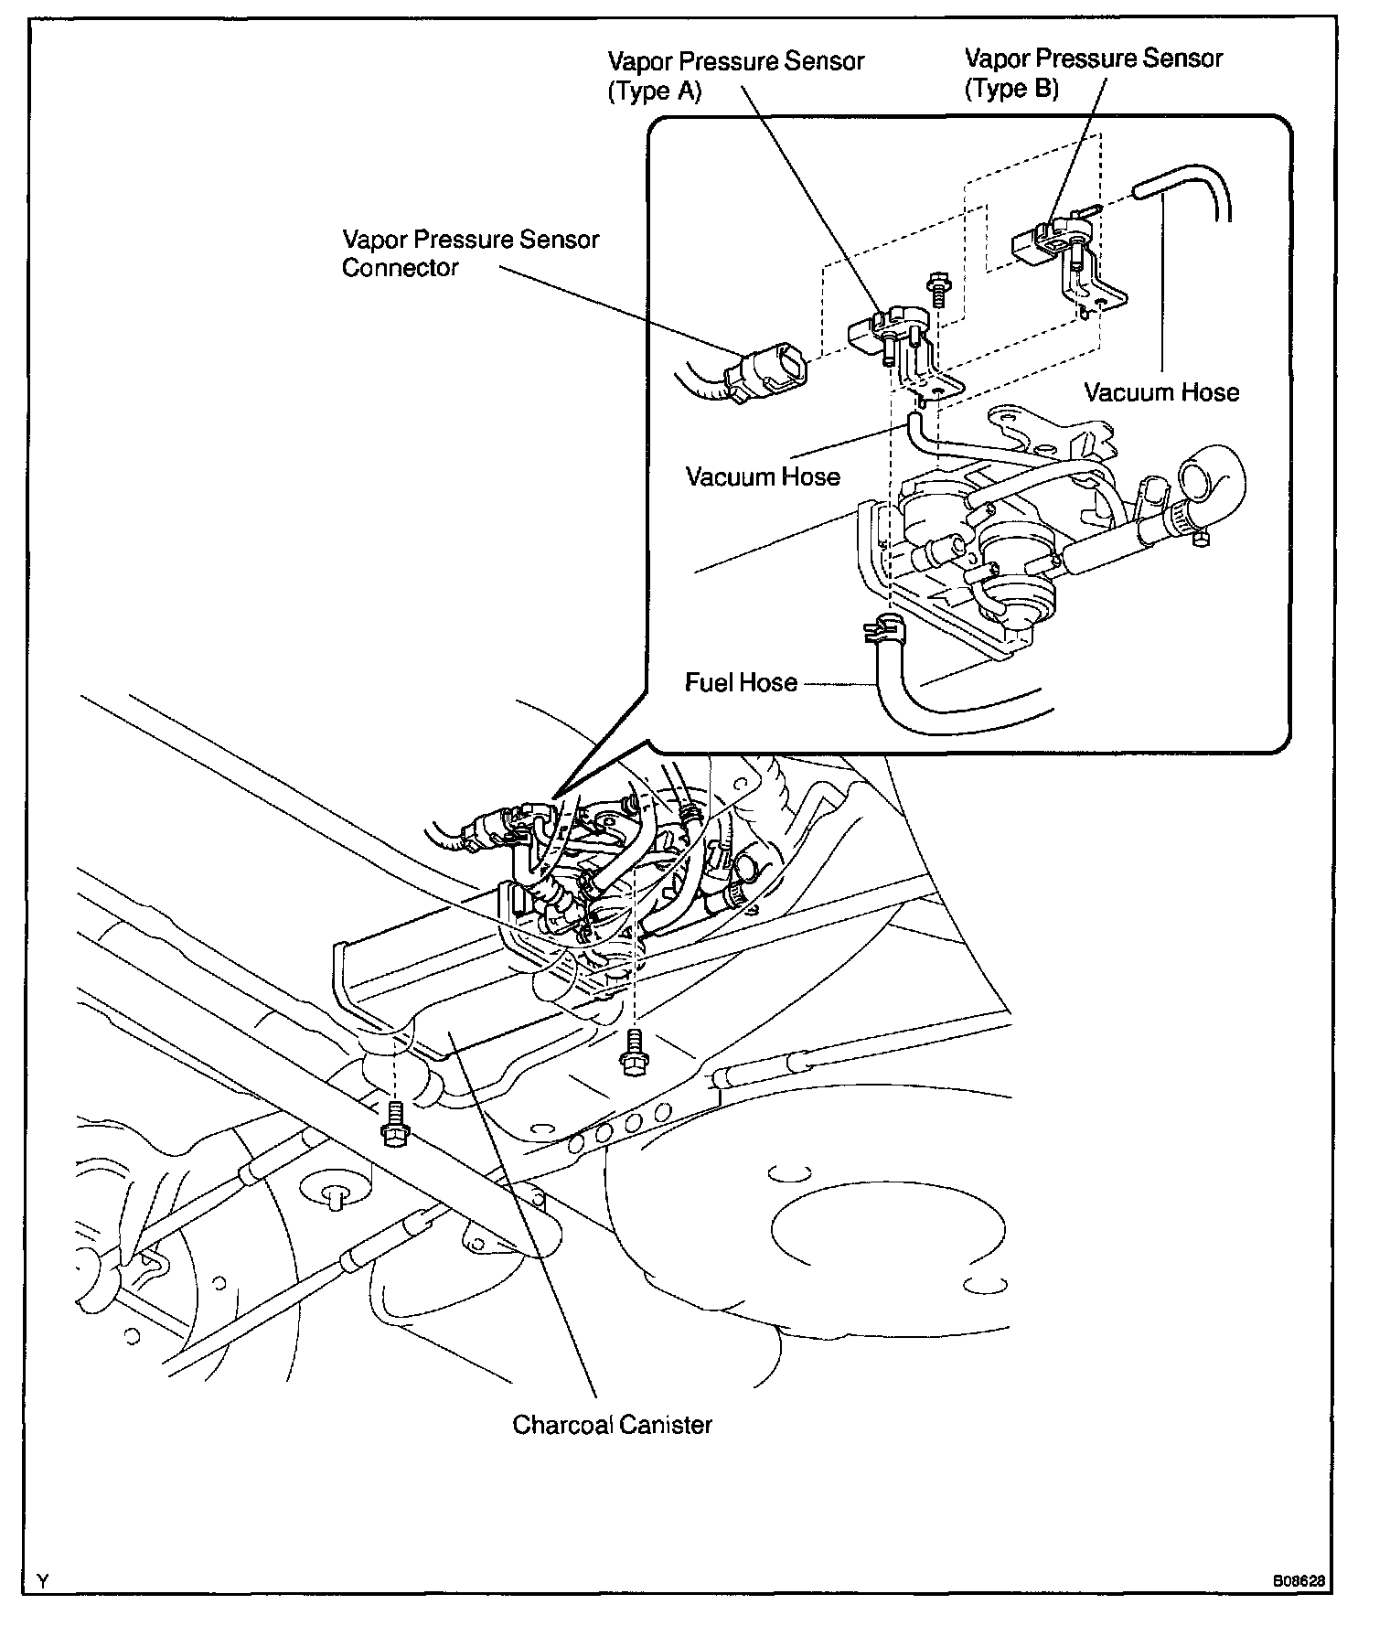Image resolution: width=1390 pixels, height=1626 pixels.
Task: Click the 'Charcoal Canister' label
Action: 612,1424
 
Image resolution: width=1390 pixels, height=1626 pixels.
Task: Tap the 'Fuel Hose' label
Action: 741,682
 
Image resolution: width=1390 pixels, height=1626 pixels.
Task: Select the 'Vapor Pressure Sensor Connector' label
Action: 470,253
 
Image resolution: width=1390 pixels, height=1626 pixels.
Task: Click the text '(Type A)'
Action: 655,91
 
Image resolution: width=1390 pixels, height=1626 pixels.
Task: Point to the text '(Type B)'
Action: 1011,89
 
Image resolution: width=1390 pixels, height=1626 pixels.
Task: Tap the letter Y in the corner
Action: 42,1579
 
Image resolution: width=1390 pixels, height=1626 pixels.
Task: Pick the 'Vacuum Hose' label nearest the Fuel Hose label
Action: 763,476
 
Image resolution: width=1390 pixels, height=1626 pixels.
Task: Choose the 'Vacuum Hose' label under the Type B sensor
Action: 1161,392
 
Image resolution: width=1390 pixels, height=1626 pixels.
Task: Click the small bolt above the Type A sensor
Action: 936,289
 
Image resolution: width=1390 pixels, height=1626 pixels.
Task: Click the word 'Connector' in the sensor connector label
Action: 400,268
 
